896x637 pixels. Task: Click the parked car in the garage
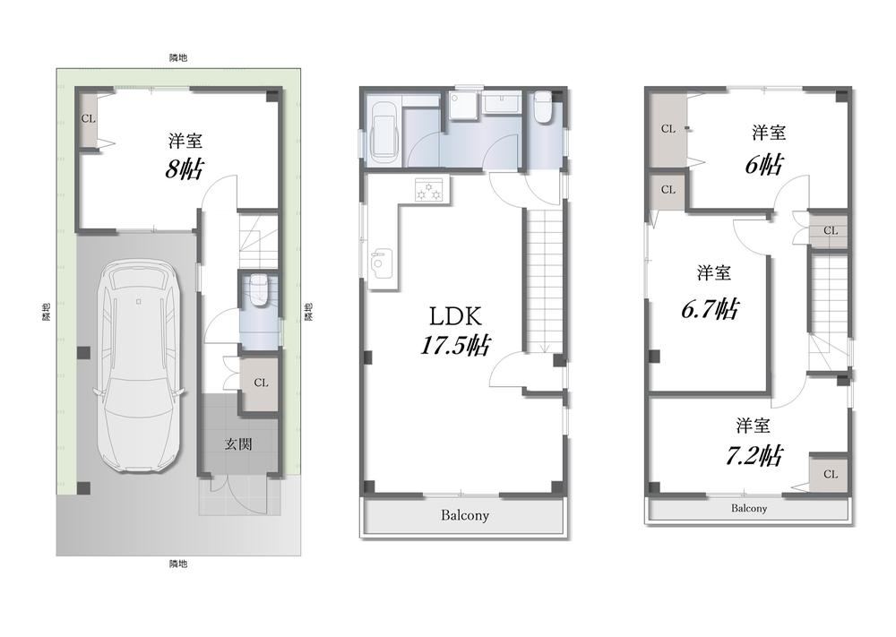point(140,366)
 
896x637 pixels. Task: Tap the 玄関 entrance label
point(238,443)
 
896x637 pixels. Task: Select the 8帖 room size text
point(184,169)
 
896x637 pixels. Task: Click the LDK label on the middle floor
point(455,316)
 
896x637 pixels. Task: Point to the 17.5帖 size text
point(455,345)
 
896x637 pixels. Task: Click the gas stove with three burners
point(430,189)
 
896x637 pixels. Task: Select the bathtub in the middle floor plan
point(383,133)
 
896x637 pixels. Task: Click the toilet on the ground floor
point(259,290)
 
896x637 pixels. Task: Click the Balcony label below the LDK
point(464,515)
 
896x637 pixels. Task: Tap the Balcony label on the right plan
point(748,508)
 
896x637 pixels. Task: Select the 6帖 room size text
point(763,165)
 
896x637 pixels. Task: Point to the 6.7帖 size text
point(711,309)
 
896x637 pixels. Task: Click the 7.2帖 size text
point(754,456)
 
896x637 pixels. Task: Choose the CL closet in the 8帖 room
point(88,119)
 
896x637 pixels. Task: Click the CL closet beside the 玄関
point(261,383)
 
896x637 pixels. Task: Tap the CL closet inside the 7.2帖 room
point(831,474)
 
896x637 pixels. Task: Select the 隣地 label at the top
point(178,57)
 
